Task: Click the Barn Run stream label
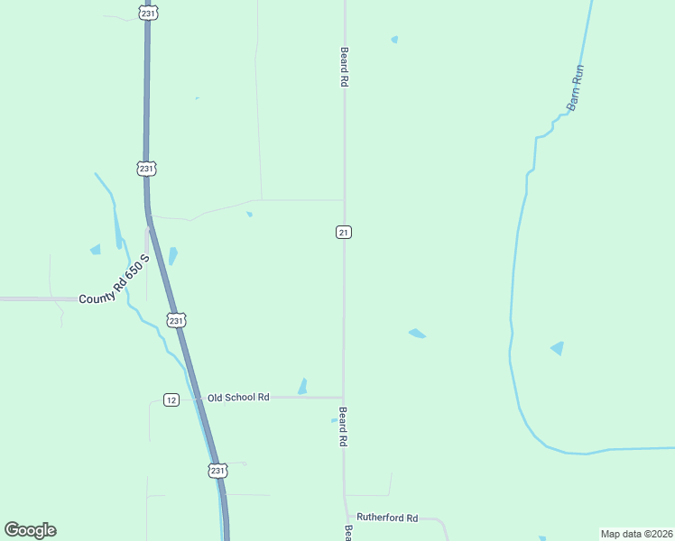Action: coord(576,87)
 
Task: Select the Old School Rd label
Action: coord(238,398)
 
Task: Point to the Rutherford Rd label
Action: coord(387,518)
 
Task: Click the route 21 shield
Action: coord(343,233)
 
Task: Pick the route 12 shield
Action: coord(171,399)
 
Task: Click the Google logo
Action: coord(30,530)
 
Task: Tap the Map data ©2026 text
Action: coord(636,534)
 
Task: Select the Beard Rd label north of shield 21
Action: coord(344,67)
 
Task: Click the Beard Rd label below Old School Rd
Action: coord(343,427)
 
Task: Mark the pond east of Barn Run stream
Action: coord(558,348)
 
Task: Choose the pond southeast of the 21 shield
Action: coord(416,334)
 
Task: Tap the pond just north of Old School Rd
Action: coord(302,386)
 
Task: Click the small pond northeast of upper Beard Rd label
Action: coord(394,40)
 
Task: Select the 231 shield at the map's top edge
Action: coord(148,13)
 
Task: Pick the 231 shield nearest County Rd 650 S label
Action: coord(176,320)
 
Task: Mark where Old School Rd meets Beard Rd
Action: coord(343,397)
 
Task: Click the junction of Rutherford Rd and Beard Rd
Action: coord(344,518)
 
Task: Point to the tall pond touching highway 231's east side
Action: coord(172,256)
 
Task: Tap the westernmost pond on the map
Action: coord(95,250)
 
